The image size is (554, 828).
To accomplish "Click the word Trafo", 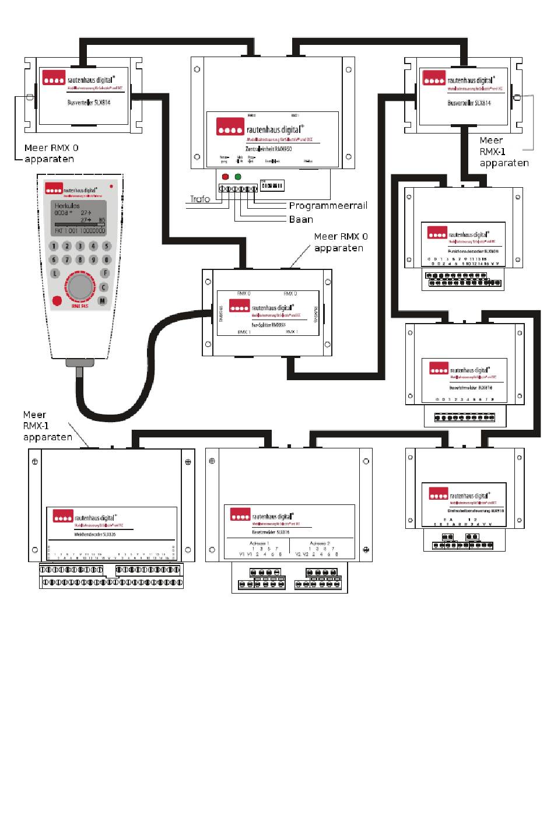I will tap(200, 199).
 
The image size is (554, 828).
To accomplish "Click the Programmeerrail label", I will tap(328, 206).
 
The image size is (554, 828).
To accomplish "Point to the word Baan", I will tap(301, 220).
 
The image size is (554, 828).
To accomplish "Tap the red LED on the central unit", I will tap(225, 176).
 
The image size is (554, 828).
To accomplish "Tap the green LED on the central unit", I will tap(238, 176).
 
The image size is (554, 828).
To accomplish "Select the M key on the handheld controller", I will tap(103, 301).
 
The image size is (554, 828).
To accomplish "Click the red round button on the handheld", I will tap(57, 301).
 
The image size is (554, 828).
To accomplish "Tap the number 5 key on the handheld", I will tap(106, 247).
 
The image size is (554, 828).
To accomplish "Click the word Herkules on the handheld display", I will tap(67, 206).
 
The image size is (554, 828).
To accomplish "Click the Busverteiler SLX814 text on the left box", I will tap(89, 102).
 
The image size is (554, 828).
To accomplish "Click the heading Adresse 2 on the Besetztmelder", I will tap(320, 543).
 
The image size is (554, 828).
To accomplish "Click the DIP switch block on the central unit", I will tap(271, 186).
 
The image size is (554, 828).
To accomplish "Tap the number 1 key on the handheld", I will tap(54, 247).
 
